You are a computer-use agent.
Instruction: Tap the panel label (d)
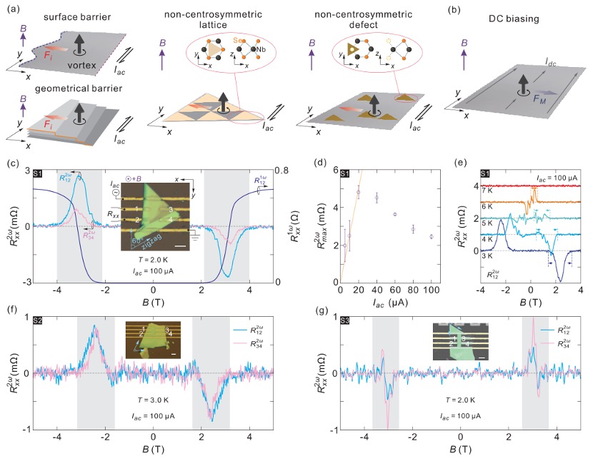point(322,162)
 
